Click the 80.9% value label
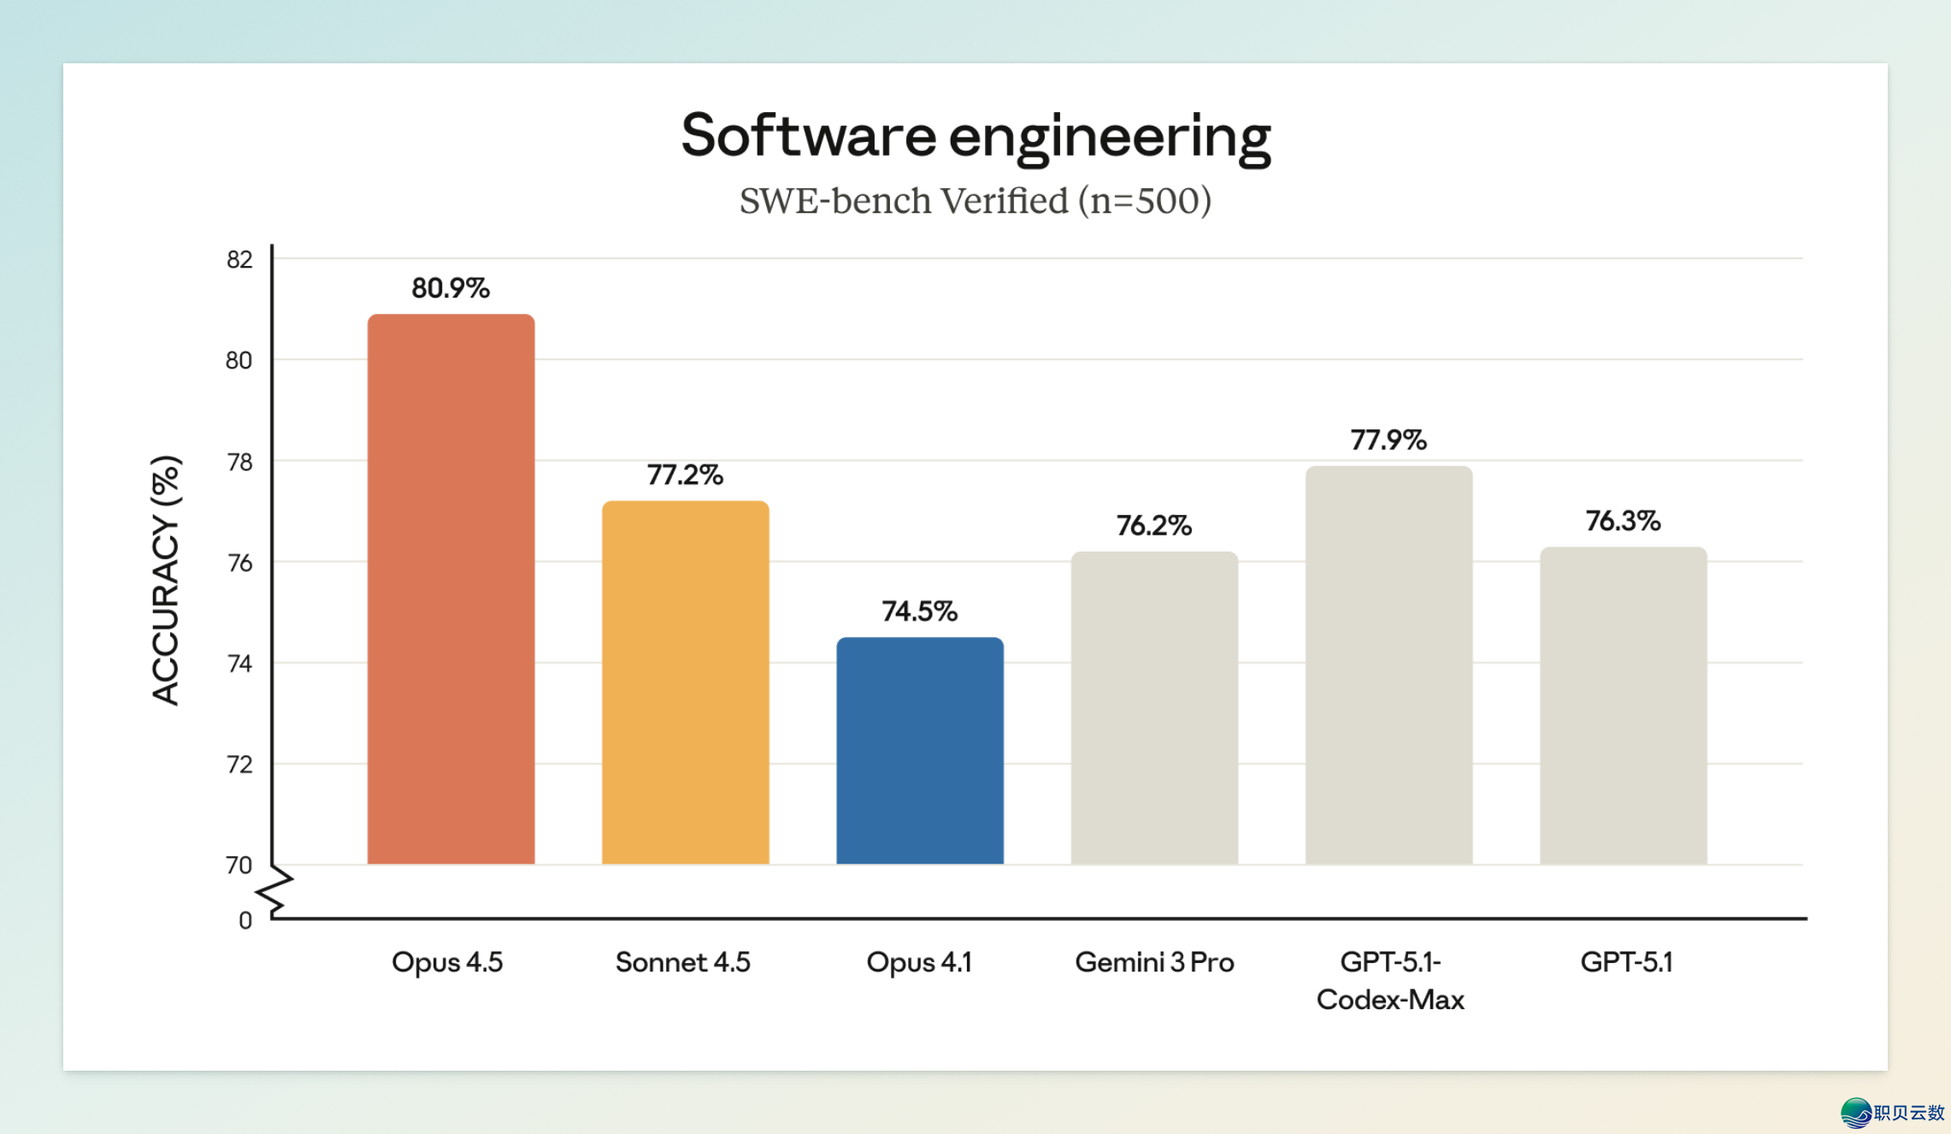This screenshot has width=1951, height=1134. click(451, 288)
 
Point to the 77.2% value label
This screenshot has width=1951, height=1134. click(685, 475)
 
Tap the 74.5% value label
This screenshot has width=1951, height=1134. click(919, 611)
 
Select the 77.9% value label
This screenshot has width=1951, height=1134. click(1388, 440)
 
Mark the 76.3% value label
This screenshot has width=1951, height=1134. click(1623, 521)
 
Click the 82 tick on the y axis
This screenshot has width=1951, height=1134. click(239, 259)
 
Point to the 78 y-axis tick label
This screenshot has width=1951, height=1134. click(239, 462)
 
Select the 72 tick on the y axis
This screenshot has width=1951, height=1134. click(239, 764)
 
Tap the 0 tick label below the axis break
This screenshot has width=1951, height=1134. click(245, 920)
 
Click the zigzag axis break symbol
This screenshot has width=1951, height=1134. click(275, 891)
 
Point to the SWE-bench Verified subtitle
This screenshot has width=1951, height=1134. click(975, 201)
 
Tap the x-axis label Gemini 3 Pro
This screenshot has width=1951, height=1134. click(1154, 962)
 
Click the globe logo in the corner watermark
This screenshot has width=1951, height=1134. click(1856, 1113)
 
